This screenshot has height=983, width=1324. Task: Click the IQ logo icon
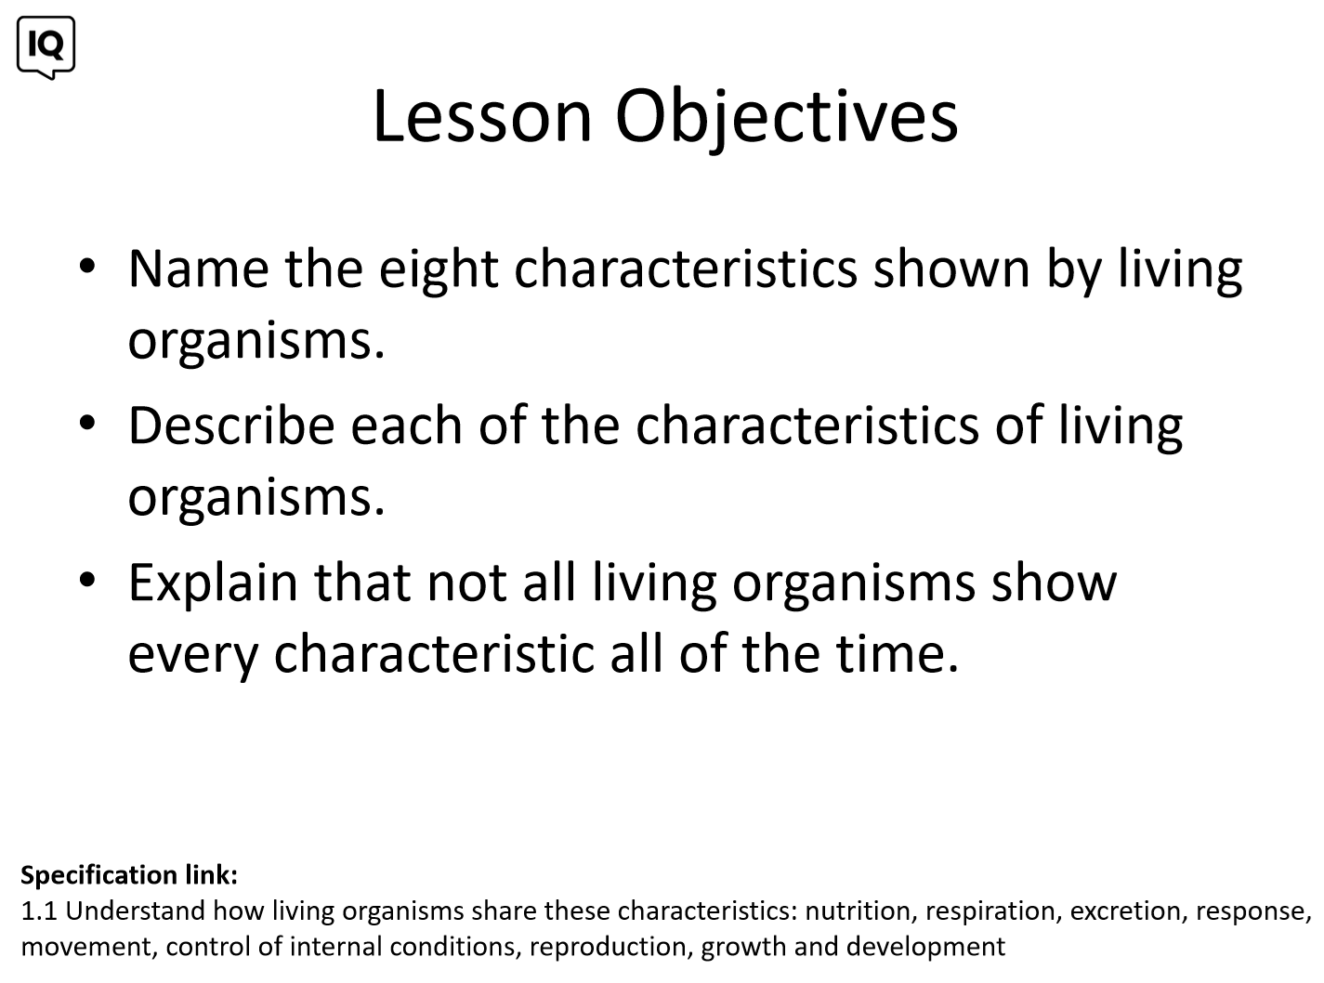point(46,46)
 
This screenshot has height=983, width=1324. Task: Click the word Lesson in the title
point(482,116)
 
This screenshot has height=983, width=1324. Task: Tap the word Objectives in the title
point(786,120)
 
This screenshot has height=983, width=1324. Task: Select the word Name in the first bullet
point(198,269)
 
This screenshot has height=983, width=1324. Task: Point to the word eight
point(439,272)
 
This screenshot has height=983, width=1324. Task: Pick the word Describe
point(231,425)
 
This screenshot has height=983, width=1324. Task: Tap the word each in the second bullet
point(406,425)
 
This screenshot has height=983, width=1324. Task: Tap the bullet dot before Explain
point(87,580)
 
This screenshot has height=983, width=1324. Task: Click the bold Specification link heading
point(129,875)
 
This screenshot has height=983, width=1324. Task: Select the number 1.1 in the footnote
point(39,911)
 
